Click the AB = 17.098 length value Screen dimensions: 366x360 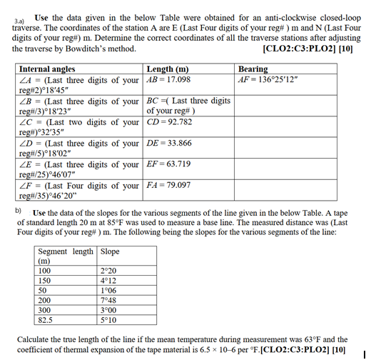pyautogui.click(x=168, y=79)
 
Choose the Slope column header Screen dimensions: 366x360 pyautogui.click(x=111, y=252)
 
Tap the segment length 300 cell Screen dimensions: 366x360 pyautogui.click(x=45, y=311)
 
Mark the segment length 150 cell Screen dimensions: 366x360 pyautogui.click(x=45, y=281)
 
